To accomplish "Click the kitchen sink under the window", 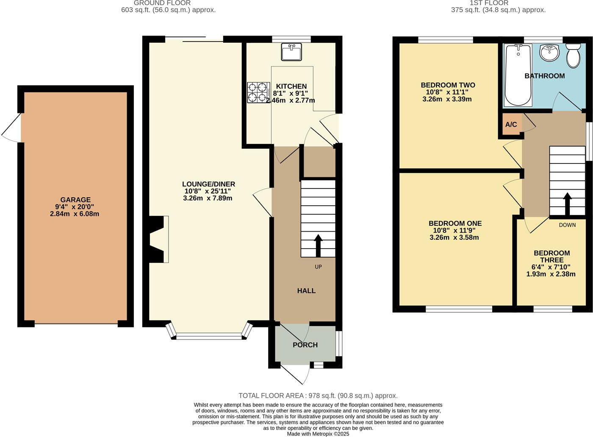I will [291, 52].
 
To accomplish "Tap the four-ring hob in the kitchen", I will [258, 92].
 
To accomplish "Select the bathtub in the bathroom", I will [517, 75].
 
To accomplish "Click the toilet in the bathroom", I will [573, 55].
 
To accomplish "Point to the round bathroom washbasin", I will [549, 53].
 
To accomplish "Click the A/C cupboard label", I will [511, 124].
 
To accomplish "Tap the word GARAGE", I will [75, 200].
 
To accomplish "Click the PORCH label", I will [305, 345].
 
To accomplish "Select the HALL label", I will [306, 291].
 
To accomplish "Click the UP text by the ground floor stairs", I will [318, 267].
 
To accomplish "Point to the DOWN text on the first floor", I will [567, 225].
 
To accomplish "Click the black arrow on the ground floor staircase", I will [318, 246].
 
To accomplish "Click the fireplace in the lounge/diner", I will [159, 239].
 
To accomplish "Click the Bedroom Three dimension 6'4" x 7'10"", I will [551, 267].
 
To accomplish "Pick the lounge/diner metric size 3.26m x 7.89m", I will [208, 198].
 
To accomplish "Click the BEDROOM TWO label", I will [448, 85].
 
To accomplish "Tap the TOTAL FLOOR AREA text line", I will [318, 396].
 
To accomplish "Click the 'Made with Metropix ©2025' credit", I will [318, 434].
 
